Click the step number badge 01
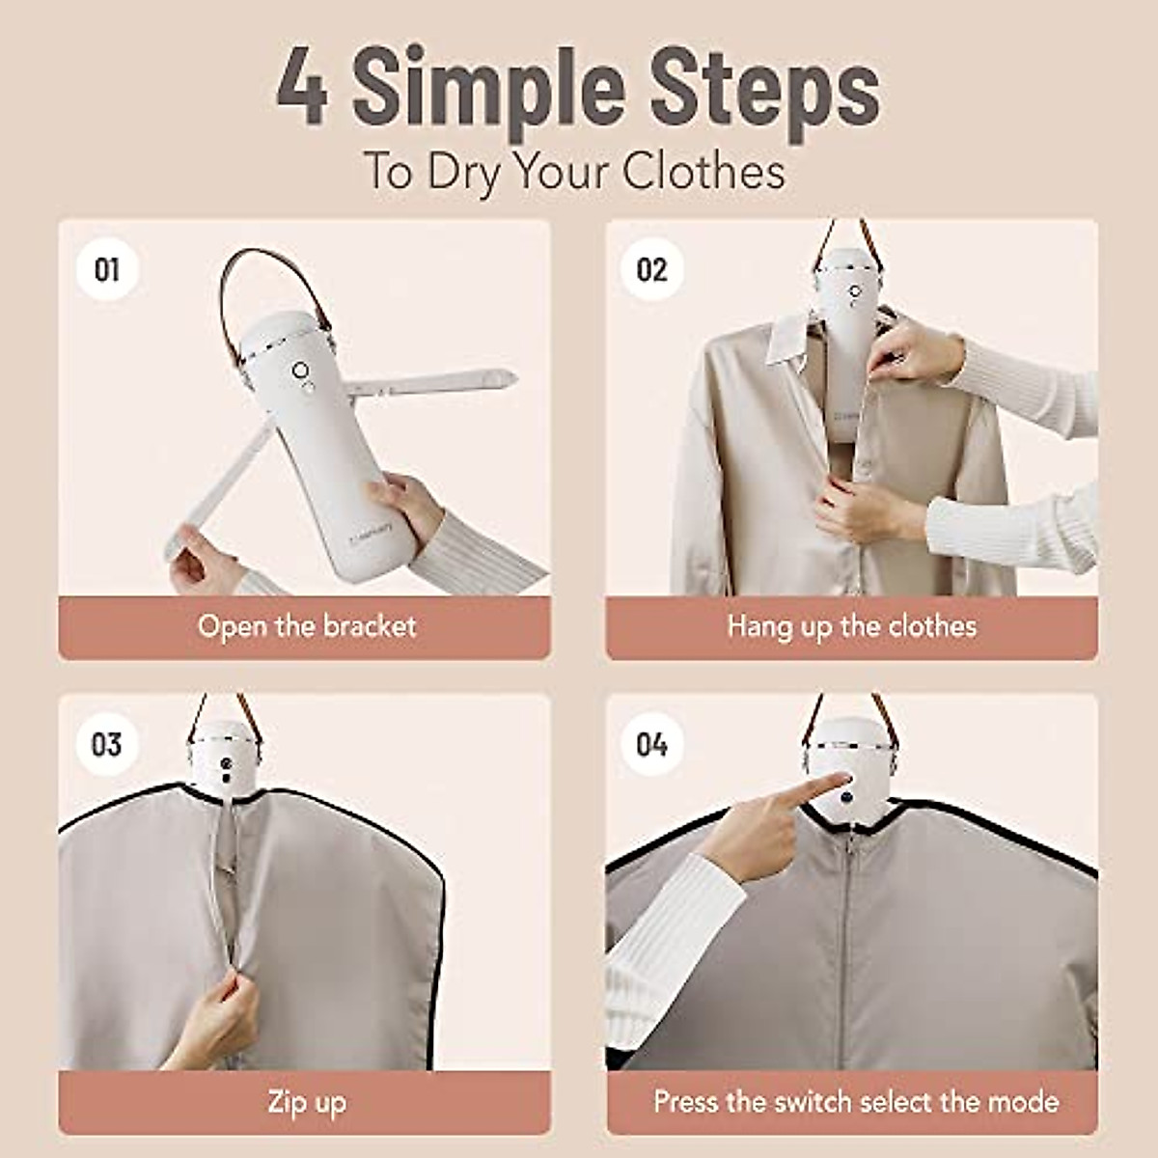point(107,269)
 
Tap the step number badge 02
point(652,269)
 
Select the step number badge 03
point(107,744)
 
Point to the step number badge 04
point(652,744)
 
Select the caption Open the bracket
point(306,626)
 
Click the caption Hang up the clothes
point(851,626)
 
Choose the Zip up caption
point(306,1101)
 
